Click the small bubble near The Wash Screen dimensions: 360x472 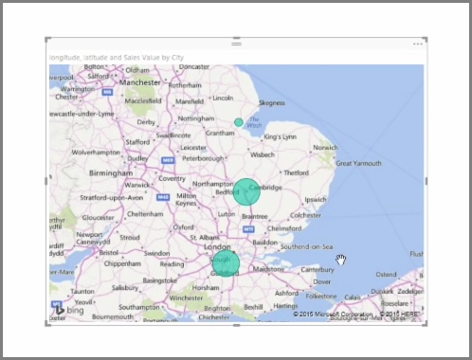tap(239, 122)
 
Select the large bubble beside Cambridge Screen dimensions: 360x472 tap(246, 190)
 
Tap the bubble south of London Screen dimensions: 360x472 tap(224, 263)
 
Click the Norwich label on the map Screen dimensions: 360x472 tap(325, 147)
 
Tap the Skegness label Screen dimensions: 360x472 tap(271, 102)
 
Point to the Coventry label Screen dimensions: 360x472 tap(172, 178)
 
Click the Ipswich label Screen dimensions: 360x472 tap(315, 200)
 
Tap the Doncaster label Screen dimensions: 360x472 tap(193, 66)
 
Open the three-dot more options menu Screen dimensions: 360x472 tap(418, 44)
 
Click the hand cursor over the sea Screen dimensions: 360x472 tap(340, 260)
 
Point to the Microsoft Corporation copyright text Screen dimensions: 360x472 tap(332, 314)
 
